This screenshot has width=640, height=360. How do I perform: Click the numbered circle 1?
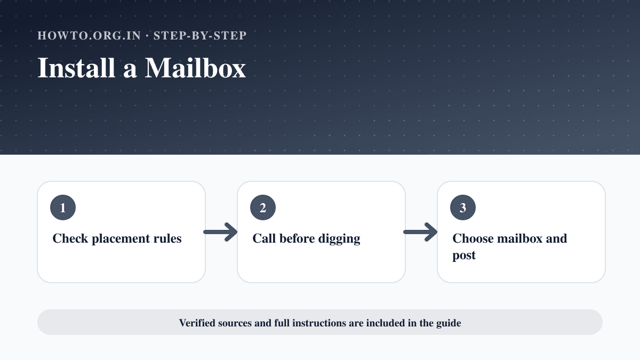click(63, 207)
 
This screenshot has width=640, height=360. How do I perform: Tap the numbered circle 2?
click(263, 207)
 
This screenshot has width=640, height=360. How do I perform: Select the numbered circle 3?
click(463, 207)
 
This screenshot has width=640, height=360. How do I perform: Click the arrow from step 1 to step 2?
click(220, 232)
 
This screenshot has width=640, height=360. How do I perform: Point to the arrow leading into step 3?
click(420, 232)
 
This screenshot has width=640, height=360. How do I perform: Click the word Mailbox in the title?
click(195, 68)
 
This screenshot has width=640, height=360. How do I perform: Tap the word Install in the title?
click(76, 68)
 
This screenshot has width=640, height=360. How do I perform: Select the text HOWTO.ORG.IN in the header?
click(89, 36)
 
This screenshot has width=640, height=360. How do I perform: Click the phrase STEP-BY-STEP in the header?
click(200, 36)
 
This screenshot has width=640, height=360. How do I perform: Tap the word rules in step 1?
click(167, 238)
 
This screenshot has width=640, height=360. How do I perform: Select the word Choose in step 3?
click(473, 238)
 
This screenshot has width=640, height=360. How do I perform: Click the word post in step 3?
click(464, 255)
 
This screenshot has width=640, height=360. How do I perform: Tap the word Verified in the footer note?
click(197, 323)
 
